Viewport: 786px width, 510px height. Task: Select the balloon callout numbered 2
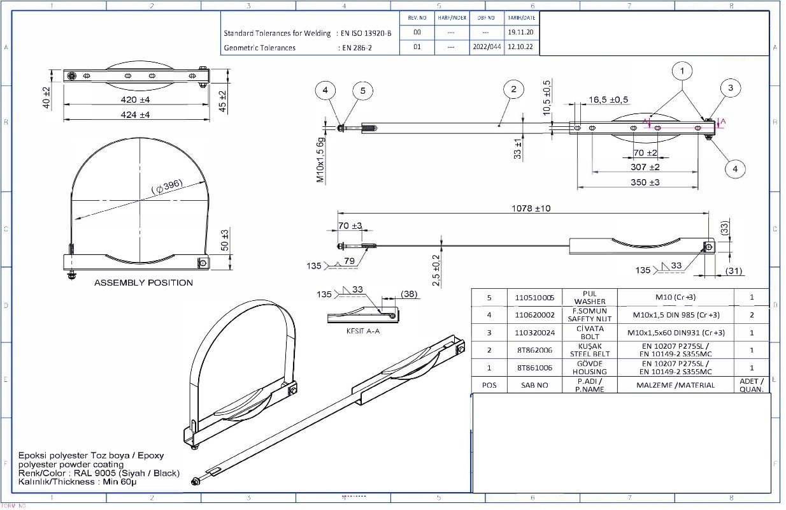coord(513,89)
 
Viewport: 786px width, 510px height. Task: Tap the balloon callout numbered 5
coord(362,91)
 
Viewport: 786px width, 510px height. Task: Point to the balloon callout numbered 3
coord(730,88)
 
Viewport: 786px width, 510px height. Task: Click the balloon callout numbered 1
coord(682,69)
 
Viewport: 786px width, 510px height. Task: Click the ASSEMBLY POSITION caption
coord(143,282)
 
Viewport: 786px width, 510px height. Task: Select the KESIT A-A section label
coord(362,331)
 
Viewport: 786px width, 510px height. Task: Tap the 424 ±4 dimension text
coord(136,115)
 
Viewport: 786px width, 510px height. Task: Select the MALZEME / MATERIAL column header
coord(675,385)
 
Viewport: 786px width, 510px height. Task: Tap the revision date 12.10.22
coord(520,47)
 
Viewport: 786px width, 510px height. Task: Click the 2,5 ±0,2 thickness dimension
coord(436,271)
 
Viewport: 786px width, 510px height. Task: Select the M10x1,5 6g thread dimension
coord(321,160)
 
